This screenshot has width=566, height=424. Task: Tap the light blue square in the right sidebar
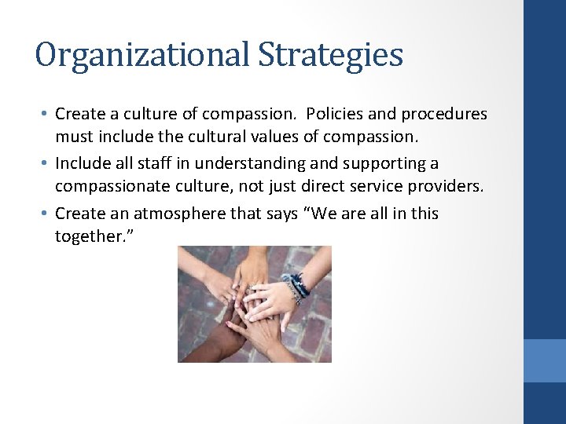(545, 360)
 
